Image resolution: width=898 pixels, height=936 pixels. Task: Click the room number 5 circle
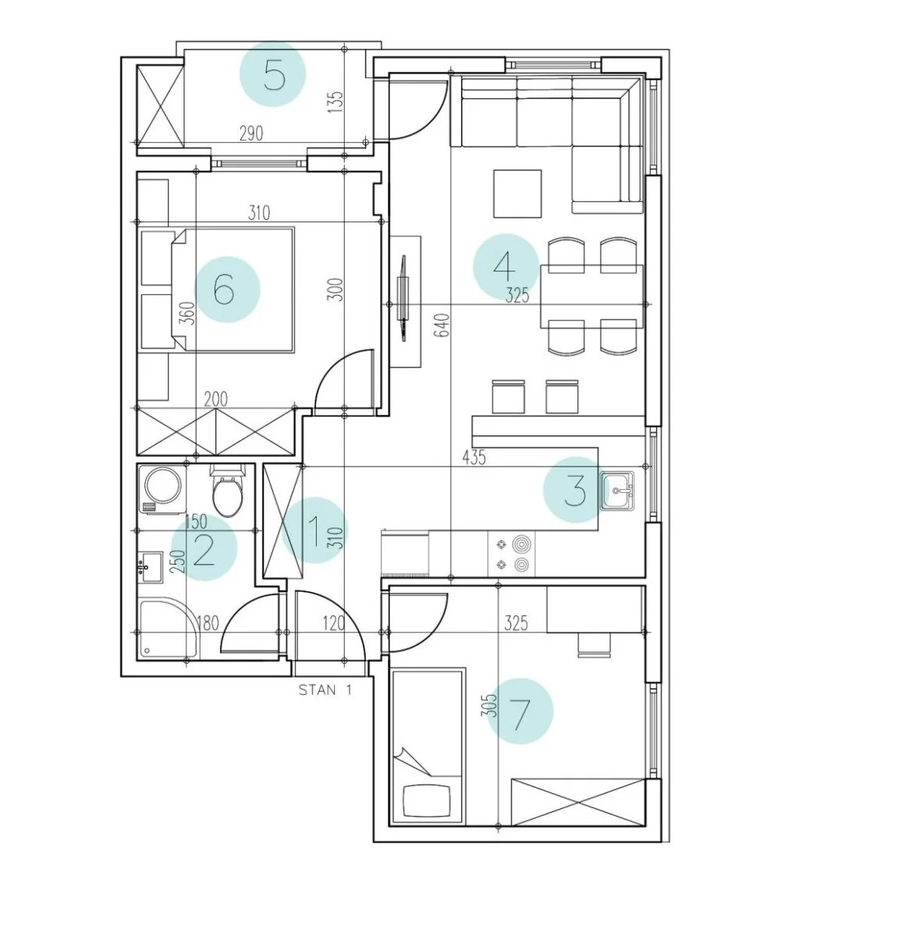[x=272, y=73]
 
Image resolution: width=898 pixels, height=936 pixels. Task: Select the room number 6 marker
[x=227, y=289]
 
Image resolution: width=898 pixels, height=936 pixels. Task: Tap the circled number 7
[x=520, y=711]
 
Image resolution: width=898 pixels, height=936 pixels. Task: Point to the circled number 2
[x=204, y=548]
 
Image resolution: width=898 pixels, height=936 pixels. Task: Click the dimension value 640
[x=443, y=325]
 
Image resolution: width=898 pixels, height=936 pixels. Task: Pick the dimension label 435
[x=474, y=457]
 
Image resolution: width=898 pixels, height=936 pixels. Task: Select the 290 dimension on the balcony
[x=251, y=133]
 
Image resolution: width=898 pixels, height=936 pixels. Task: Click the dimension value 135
[x=335, y=102]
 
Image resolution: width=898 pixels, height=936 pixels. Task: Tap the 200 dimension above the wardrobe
[x=215, y=399]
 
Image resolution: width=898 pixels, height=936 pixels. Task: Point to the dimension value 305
[x=488, y=705]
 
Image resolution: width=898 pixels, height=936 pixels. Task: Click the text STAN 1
[x=325, y=690]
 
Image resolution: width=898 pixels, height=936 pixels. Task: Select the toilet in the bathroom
[x=228, y=490]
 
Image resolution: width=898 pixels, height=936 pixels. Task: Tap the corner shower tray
[x=169, y=628]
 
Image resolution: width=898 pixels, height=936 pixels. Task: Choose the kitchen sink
[x=617, y=491]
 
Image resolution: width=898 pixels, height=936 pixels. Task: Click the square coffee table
[x=517, y=194]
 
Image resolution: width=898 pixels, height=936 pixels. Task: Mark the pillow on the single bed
[x=426, y=801]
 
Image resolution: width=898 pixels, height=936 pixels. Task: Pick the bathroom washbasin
[x=151, y=568]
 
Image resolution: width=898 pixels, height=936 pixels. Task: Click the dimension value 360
[x=189, y=313]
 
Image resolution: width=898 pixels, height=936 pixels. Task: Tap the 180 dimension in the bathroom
[x=208, y=624]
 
